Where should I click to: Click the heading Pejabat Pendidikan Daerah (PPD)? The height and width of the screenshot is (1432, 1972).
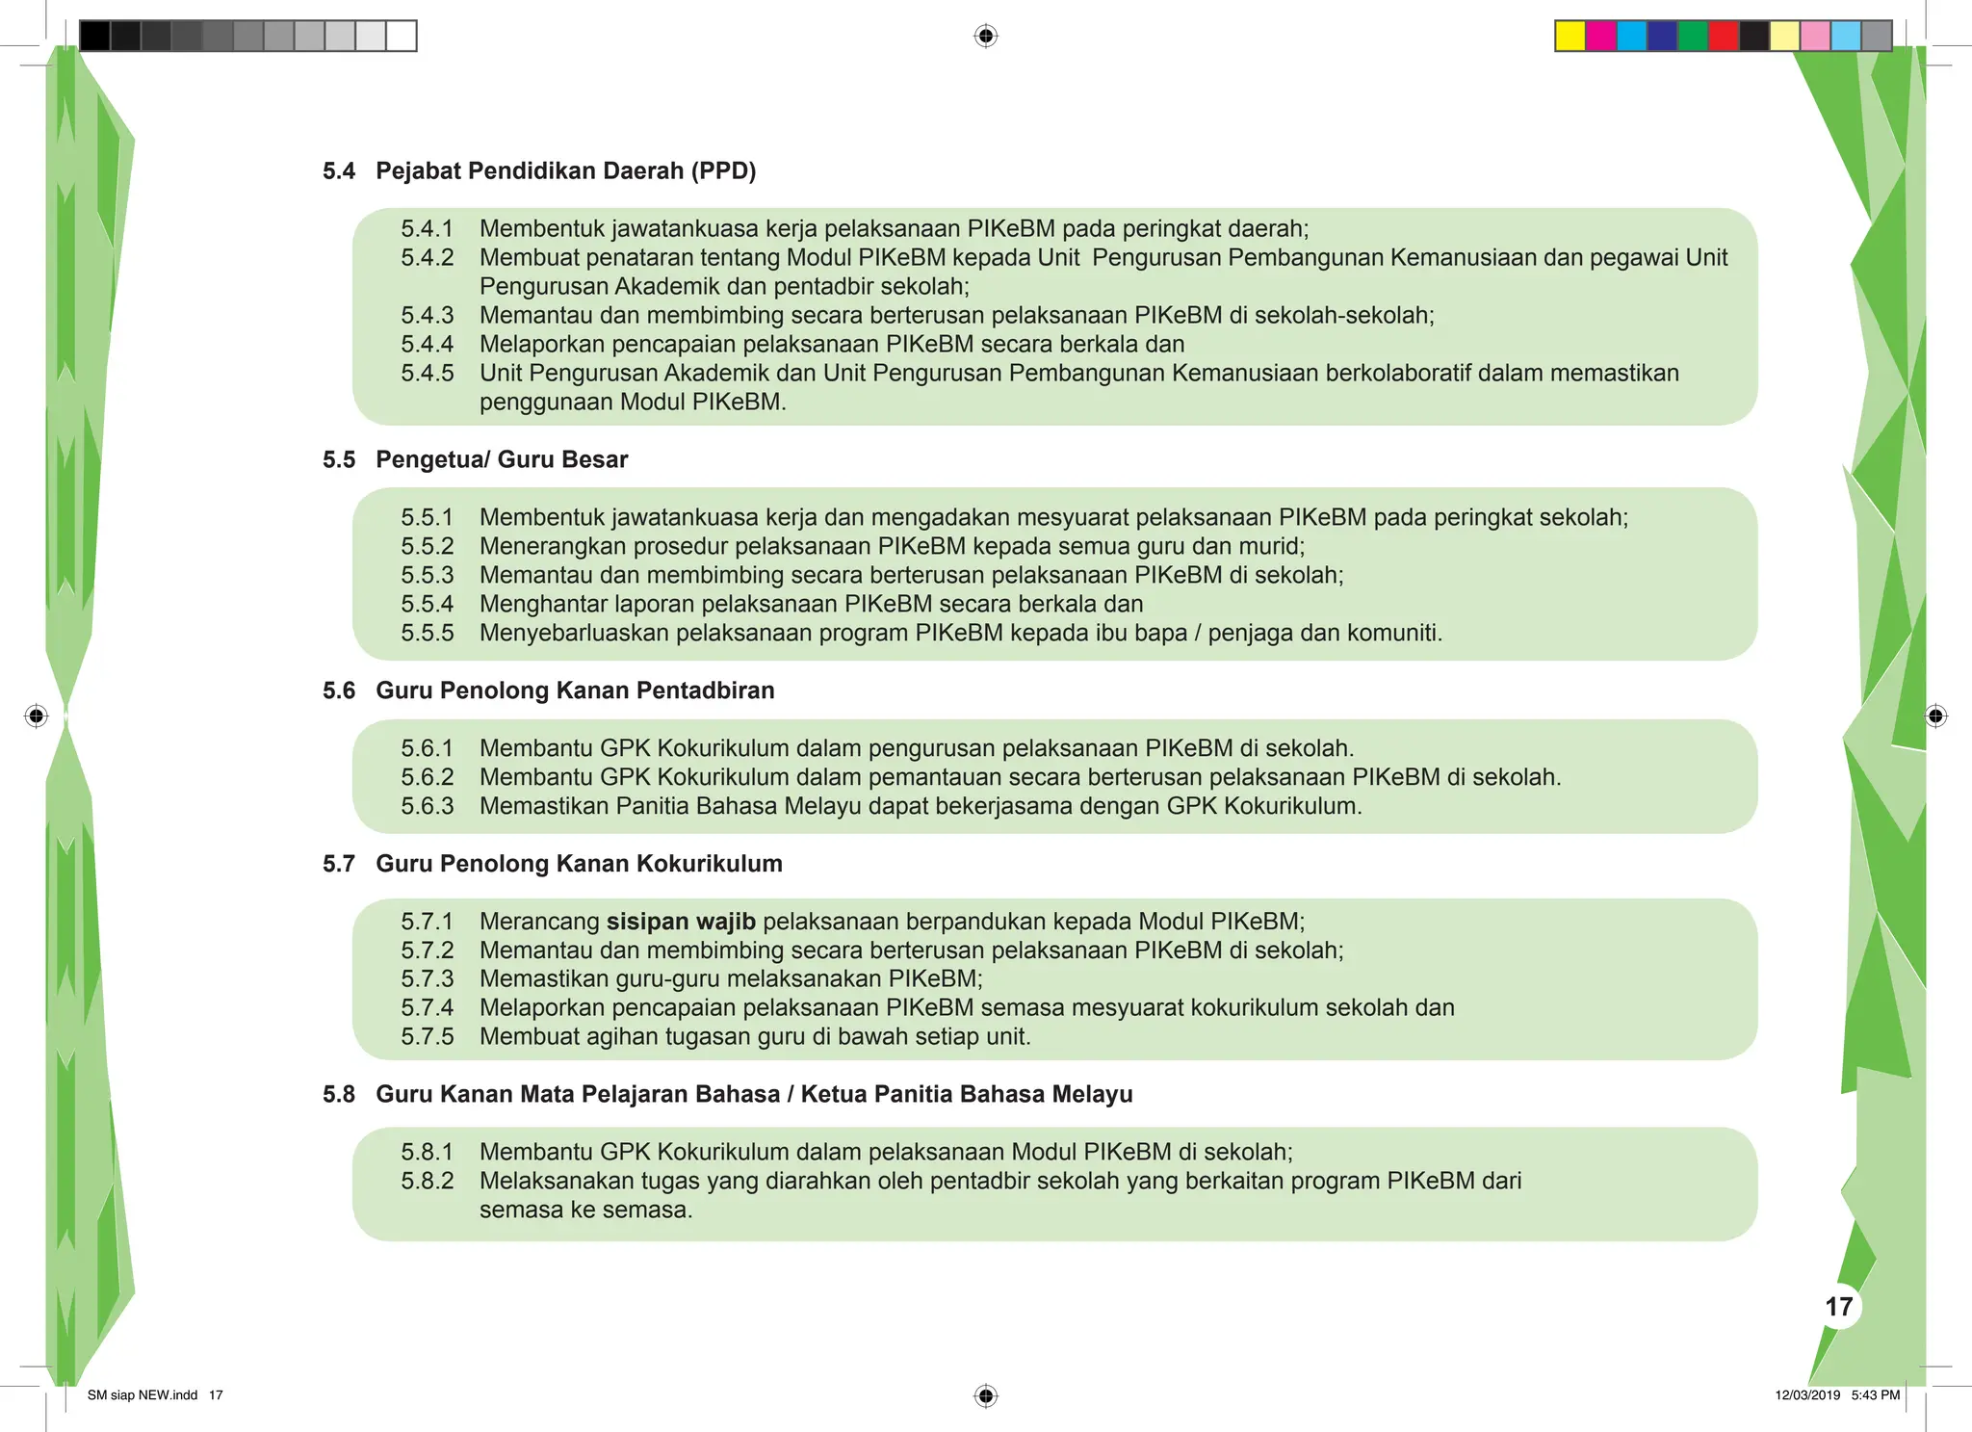click(x=565, y=171)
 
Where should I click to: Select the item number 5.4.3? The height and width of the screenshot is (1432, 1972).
click(x=427, y=316)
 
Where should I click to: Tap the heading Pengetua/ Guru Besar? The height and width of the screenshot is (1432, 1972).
click(x=501, y=460)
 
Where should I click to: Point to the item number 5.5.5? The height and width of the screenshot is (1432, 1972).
click(x=427, y=634)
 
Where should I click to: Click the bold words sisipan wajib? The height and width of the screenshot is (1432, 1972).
click(x=681, y=922)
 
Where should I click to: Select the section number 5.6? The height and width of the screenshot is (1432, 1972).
click(x=339, y=691)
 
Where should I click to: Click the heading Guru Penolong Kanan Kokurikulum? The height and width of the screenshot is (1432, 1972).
click(x=579, y=864)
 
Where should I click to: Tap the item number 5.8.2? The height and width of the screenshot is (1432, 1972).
click(x=427, y=1181)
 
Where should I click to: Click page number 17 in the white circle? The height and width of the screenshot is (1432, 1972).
click(x=1838, y=1307)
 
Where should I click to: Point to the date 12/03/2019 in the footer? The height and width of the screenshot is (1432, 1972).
click(x=1807, y=1395)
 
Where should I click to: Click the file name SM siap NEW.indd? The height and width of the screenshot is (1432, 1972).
click(x=143, y=1395)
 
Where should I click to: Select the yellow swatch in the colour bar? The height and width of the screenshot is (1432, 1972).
click(x=1570, y=36)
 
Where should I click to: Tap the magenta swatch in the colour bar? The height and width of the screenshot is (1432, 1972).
click(x=1601, y=36)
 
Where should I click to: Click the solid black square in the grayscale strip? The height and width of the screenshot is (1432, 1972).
click(x=94, y=36)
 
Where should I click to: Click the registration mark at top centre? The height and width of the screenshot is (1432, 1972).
click(x=985, y=37)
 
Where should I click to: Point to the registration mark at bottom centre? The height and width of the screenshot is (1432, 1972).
click(x=985, y=1395)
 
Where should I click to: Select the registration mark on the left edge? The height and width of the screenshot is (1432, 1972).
click(x=37, y=716)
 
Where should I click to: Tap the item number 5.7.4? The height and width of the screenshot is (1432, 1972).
click(x=427, y=1008)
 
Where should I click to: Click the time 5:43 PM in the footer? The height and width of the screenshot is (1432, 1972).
click(x=1875, y=1395)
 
